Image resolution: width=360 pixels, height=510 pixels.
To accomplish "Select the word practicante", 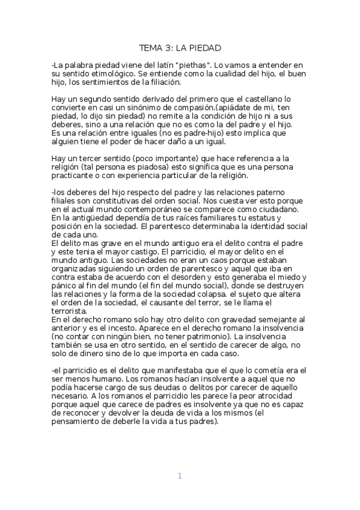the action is click(x=76, y=177).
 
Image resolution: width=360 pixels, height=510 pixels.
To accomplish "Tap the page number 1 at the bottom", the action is click(x=179, y=476).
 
